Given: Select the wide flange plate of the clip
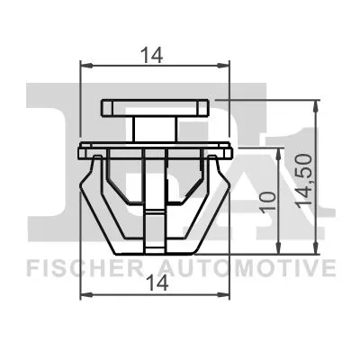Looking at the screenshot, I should tap(156, 144).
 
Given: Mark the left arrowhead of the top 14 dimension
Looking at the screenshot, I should tap(85, 65).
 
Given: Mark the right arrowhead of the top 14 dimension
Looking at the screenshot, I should tap(226, 65).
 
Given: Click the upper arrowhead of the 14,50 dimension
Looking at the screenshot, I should tap(315, 103).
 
